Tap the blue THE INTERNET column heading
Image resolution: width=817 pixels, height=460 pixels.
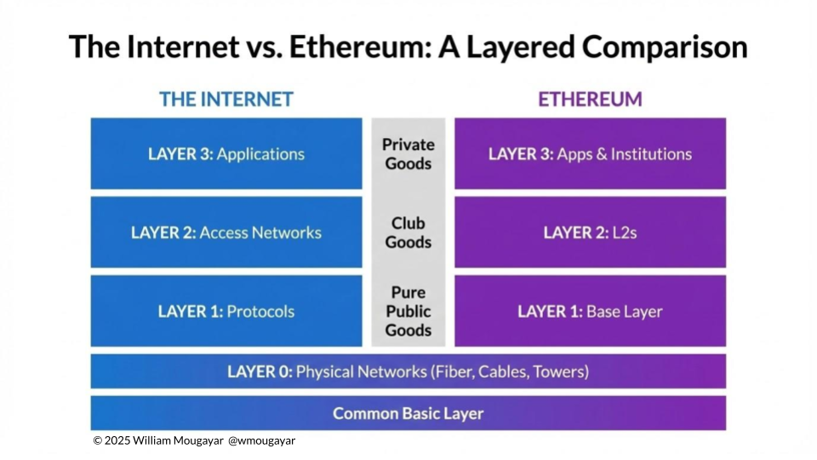click(226, 99)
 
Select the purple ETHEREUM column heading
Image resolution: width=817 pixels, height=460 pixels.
click(590, 99)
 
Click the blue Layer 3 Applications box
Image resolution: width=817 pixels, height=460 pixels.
click(226, 154)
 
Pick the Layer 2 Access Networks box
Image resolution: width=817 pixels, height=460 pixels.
click(226, 233)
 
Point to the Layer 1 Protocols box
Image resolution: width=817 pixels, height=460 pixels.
click(226, 311)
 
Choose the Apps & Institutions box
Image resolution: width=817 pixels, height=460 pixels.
click(590, 154)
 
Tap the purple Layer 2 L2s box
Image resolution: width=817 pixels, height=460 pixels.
click(590, 233)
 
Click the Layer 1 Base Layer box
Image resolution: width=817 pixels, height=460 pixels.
click(590, 311)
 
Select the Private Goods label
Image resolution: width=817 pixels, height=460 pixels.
click(408, 154)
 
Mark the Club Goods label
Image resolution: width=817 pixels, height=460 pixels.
click(408, 233)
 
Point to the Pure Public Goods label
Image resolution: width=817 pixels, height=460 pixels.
click(408, 311)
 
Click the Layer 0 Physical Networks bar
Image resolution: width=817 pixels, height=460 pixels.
click(408, 371)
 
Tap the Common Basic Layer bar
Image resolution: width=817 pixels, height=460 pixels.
click(408, 414)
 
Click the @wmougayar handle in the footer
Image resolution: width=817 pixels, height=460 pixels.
click(262, 441)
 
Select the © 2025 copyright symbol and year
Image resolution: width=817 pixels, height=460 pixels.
click(111, 441)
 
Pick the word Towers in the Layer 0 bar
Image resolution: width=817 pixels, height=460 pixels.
click(557, 371)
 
